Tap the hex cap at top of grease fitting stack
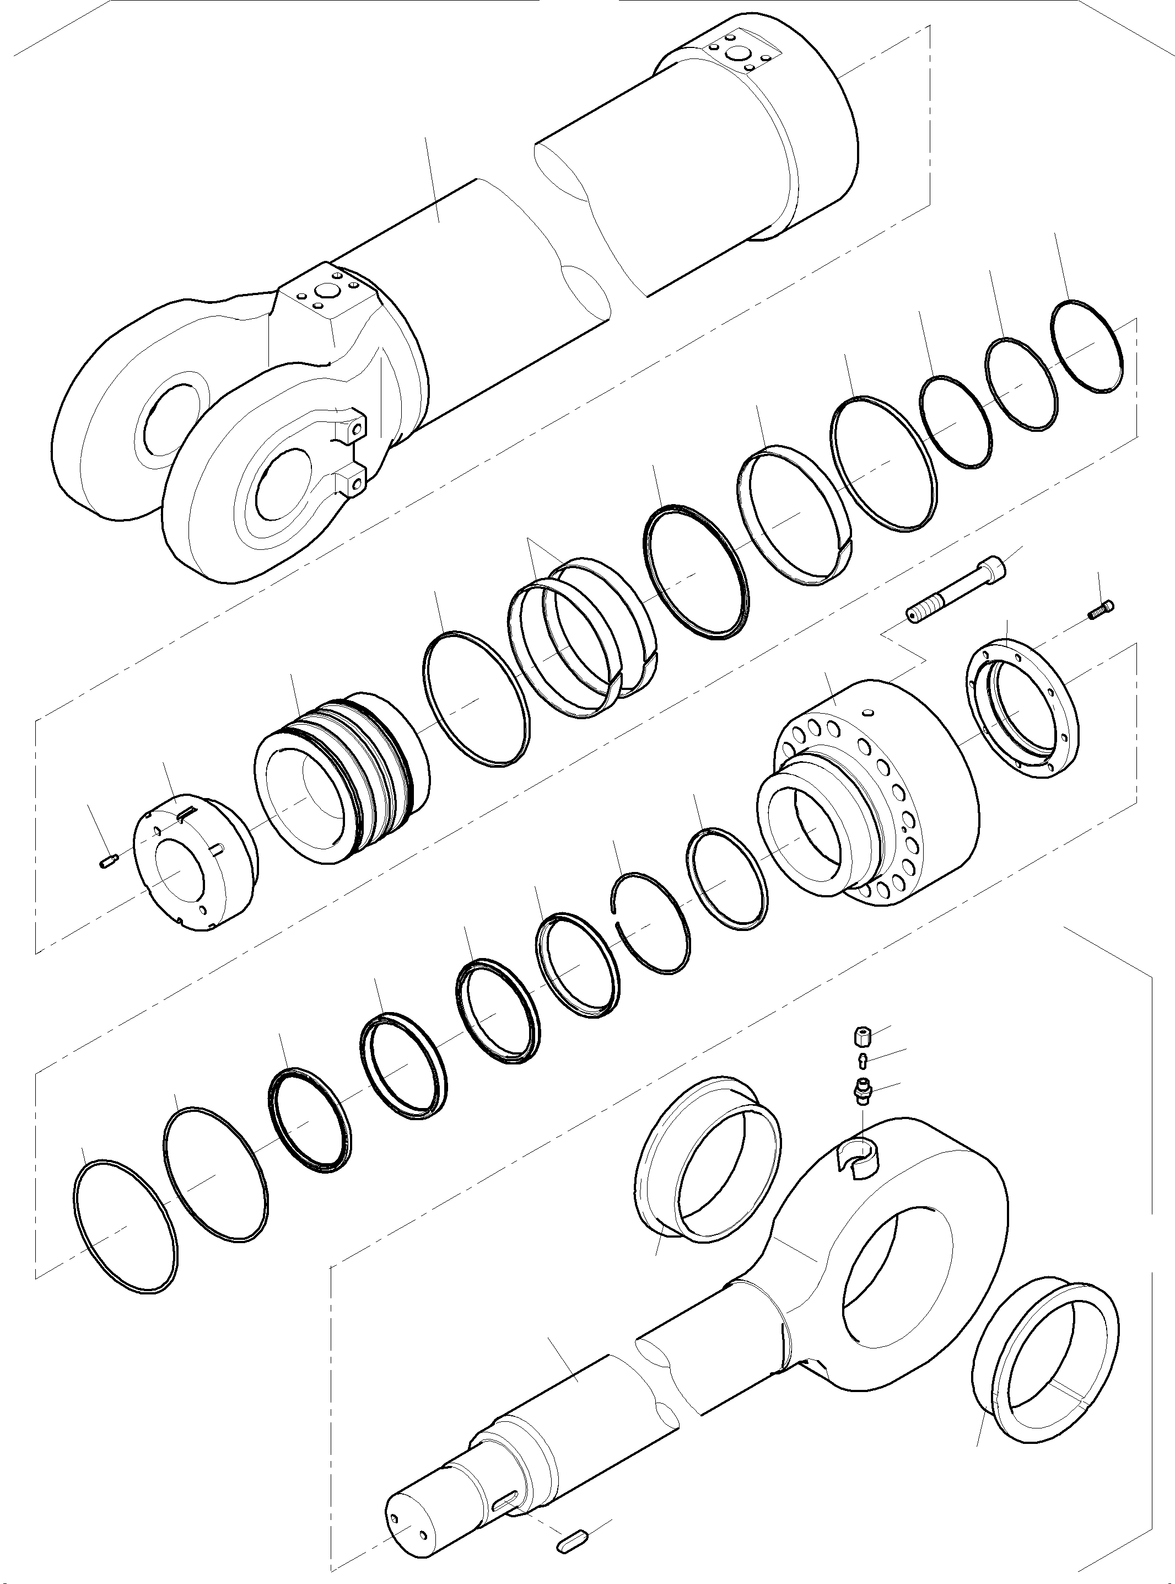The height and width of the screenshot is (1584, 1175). (861, 1036)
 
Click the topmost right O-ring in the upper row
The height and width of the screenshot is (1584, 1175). (1086, 346)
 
